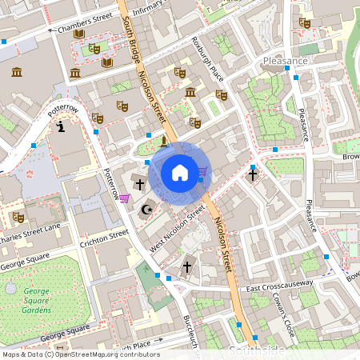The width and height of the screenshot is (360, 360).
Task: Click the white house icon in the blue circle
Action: click(180, 172)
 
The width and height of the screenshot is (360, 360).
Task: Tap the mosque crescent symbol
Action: click(146, 210)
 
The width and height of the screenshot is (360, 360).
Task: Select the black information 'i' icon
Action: click(61, 126)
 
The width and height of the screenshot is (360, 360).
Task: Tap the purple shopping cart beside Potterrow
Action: click(124, 198)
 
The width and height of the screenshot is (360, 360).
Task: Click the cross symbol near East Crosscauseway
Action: click(188, 266)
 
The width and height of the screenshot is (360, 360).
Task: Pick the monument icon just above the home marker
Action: click(163, 142)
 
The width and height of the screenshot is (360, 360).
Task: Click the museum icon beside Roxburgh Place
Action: click(190, 94)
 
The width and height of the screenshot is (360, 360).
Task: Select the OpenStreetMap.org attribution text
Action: click(112, 354)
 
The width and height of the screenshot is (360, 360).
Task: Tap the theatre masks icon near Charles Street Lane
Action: click(18, 217)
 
